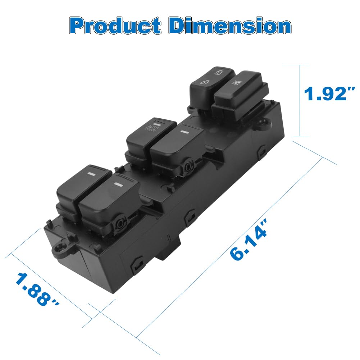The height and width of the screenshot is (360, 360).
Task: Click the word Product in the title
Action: (115, 26)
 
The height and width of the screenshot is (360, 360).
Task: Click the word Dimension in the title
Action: (230, 26)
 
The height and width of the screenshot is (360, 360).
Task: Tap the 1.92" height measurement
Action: (329, 94)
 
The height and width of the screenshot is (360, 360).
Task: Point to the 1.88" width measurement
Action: (37, 290)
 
